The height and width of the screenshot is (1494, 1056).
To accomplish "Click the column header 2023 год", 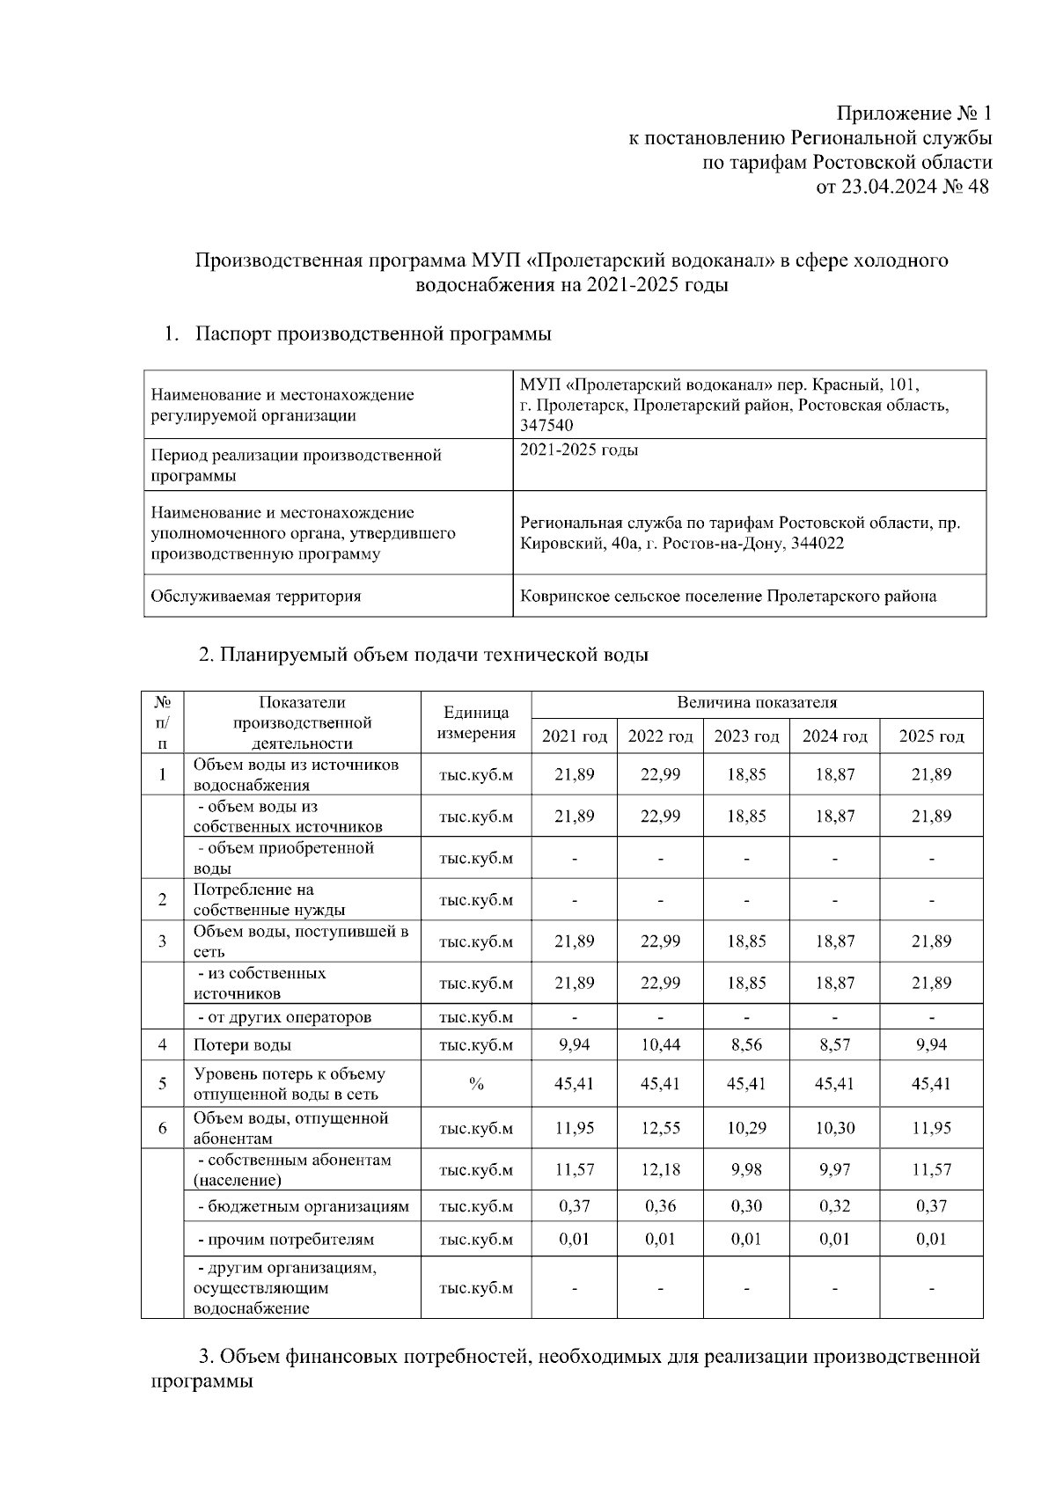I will (746, 736).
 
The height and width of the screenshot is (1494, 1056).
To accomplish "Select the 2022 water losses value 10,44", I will (660, 1045).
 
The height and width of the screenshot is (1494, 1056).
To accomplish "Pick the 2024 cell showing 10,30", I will (834, 1128).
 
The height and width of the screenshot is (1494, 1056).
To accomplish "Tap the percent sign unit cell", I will (476, 1084).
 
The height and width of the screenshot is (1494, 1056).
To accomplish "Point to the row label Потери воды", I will (243, 1045).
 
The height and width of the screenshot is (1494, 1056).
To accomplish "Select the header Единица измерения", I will (476, 722).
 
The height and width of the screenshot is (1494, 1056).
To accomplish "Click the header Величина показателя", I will (757, 703).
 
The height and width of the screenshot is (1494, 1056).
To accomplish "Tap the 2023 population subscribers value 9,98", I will (746, 1170).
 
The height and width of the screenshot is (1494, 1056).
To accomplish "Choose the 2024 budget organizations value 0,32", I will (834, 1206).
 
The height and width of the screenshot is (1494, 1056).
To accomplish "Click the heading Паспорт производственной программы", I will (373, 334).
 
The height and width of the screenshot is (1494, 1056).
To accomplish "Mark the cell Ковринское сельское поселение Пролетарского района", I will (728, 597).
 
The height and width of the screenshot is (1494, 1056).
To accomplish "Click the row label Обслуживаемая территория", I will (256, 597).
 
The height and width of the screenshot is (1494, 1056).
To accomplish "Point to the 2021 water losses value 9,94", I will (574, 1045).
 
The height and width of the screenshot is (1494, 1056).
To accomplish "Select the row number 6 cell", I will (163, 1128).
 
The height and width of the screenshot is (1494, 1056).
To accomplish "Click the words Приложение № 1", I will (913, 114).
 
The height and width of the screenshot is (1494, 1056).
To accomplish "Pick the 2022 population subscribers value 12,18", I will (660, 1170).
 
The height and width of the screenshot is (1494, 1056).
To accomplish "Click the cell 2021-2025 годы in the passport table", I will (579, 450).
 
